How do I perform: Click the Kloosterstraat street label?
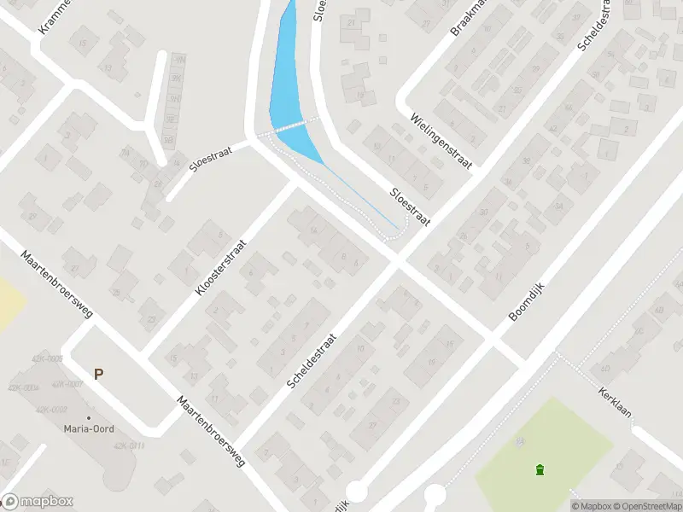click(221, 265)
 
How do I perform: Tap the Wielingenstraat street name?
click(441, 143)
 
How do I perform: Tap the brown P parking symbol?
click(99, 374)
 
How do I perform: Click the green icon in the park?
click(540, 469)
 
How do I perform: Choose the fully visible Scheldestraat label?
click(312, 362)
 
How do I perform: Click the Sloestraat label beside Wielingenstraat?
click(410, 207)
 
